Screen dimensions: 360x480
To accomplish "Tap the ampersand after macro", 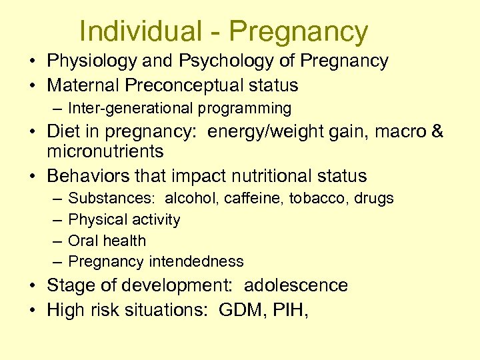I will pyautogui.click(x=437, y=131).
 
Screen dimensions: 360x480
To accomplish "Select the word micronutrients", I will pyautogui.click(x=105, y=151).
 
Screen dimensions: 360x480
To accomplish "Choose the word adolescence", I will pyautogui.click(x=296, y=285).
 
